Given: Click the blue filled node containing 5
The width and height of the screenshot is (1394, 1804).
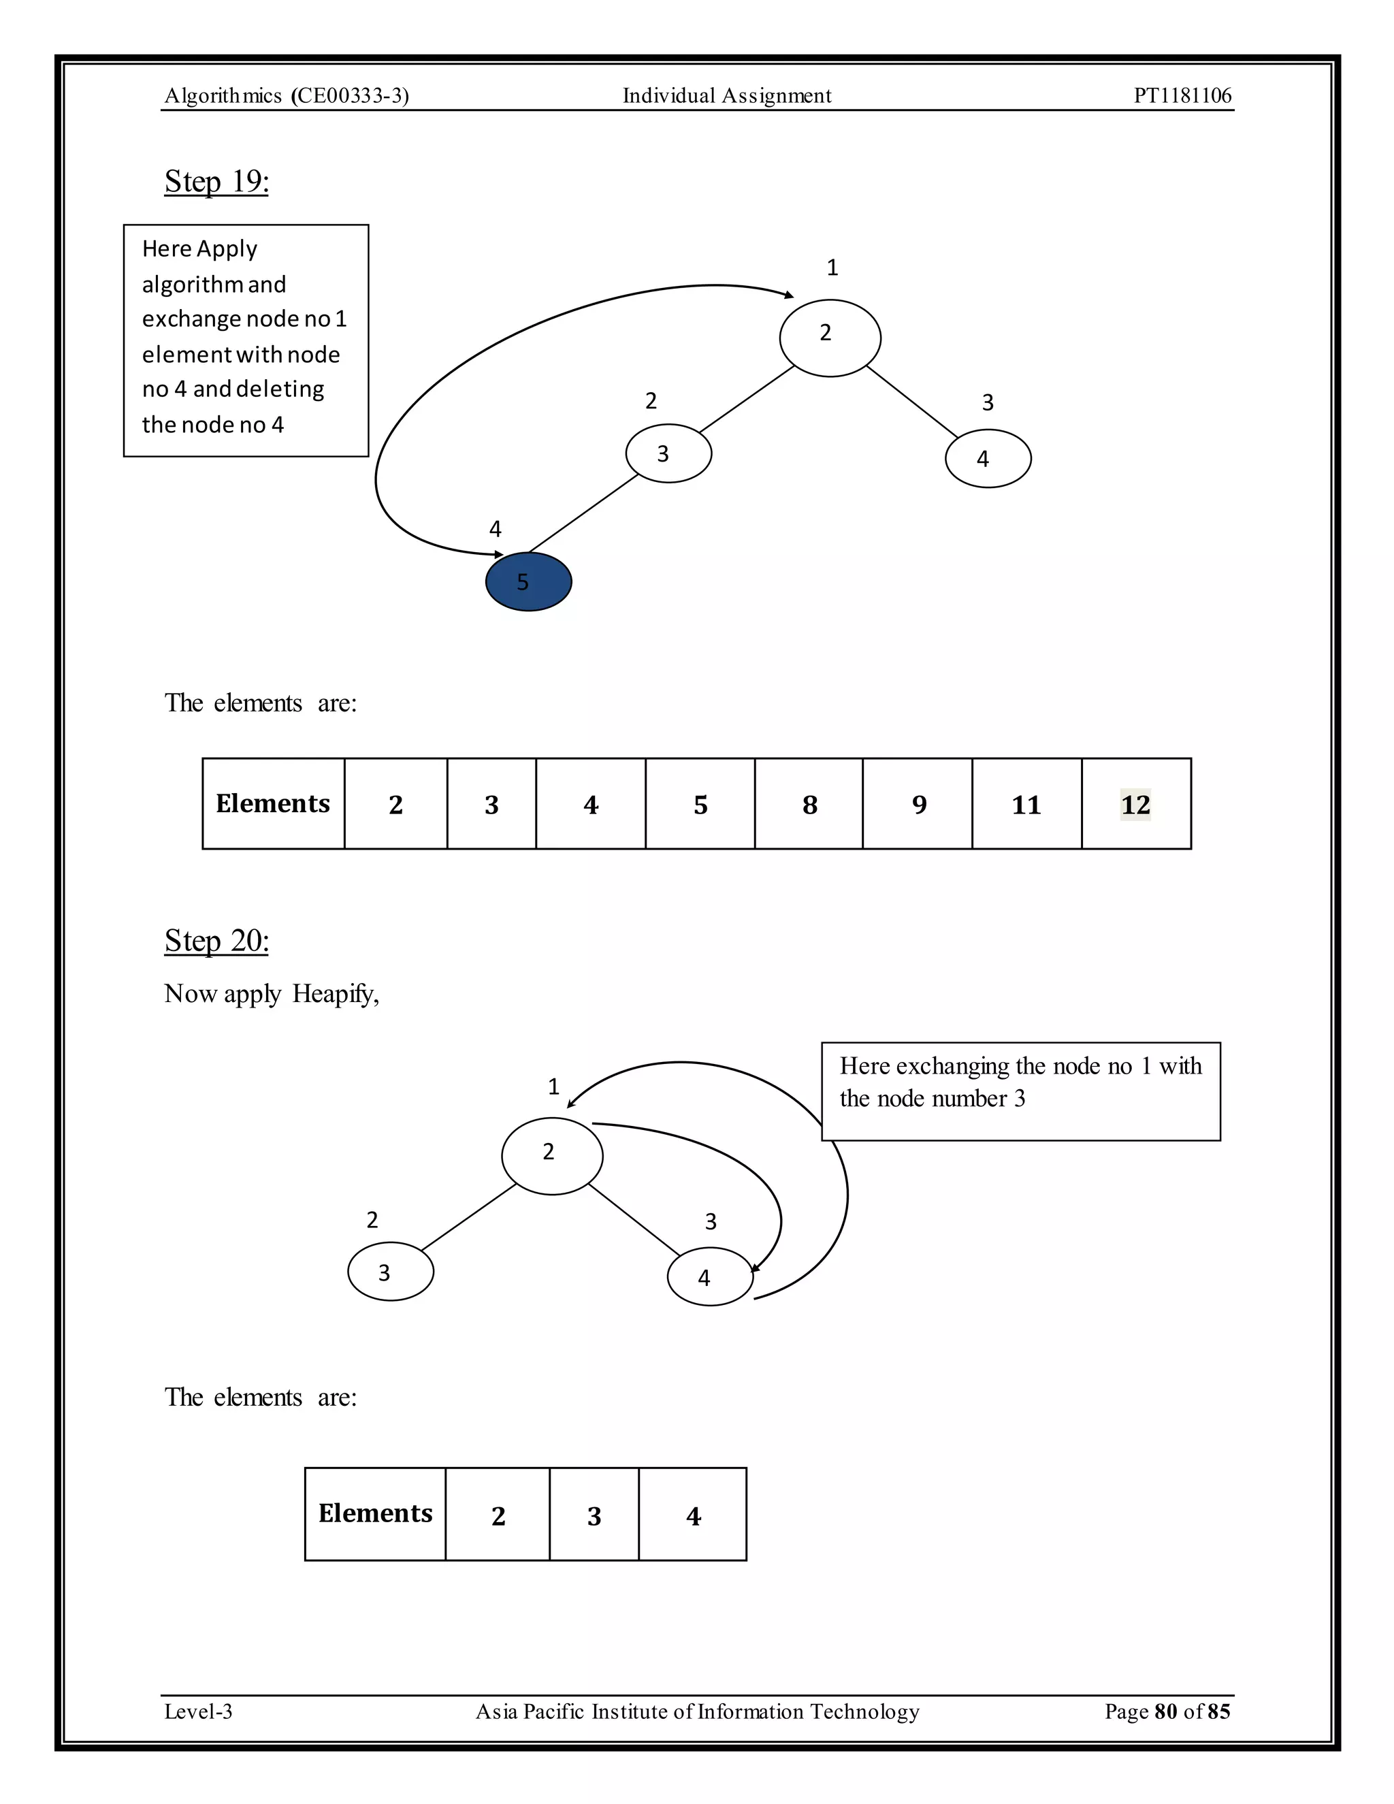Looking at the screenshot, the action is (x=528, y=582).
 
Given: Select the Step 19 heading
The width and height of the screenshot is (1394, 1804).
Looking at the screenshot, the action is (x=216, y=181).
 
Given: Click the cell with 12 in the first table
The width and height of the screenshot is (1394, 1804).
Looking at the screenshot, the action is (x=1135, y=804).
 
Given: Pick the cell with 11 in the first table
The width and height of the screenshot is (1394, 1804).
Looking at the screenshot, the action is (x=1026, y=804).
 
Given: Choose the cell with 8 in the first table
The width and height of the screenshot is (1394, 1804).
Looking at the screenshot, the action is (x=809, y=804).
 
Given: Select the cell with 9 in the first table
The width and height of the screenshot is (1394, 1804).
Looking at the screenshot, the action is (x=918, y=804).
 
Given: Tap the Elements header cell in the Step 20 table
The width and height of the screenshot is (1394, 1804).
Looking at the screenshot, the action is (x=375, y=1513).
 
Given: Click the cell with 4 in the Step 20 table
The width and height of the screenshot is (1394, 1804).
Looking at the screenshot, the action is (x=693, y=1515).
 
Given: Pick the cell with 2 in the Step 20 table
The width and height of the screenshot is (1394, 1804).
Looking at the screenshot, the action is (x=498, y=1515).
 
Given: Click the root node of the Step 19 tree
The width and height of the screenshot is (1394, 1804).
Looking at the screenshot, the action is (x=830, y=338).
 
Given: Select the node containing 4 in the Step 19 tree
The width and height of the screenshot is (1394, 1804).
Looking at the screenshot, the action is (x=988, y=458).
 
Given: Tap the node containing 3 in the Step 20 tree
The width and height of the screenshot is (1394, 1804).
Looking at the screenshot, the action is (x=391, y=1273).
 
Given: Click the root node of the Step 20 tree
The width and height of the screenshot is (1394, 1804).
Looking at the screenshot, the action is (x=551, y=1156).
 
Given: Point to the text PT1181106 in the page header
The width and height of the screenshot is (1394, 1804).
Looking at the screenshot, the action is (x=1182, y=96).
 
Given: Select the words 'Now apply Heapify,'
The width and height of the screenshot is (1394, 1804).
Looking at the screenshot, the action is (x=272, y=994).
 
